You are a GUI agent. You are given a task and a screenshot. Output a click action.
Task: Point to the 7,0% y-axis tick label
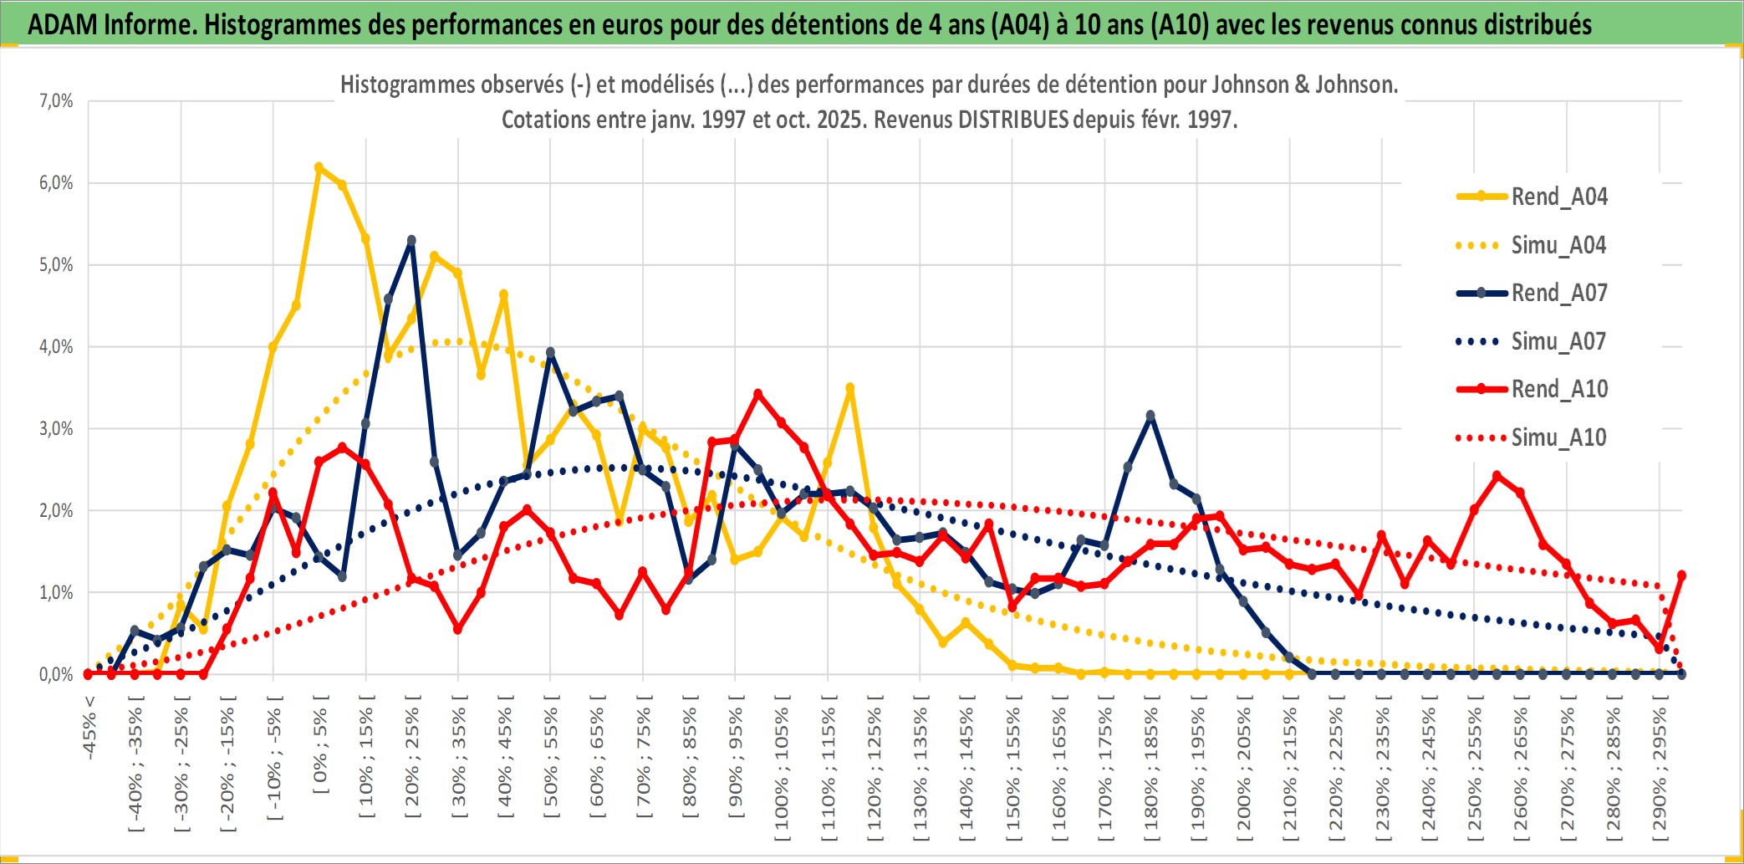tap(56, 101)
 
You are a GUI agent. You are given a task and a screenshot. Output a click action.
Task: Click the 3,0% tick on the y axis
tap(56, 429)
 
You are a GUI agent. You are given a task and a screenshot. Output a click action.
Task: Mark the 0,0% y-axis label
tap(56, 674)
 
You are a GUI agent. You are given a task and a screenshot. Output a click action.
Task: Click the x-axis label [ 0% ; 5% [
tap(321, 749)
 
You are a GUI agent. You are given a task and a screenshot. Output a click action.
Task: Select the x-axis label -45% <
tap(89, 727)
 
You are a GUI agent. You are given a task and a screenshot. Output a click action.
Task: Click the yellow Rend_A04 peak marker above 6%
tap(319, 167)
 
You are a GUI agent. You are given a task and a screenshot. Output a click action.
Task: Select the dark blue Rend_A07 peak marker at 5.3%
tap(411, 241)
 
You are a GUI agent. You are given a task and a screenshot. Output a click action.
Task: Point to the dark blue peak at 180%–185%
tap(1150, 416)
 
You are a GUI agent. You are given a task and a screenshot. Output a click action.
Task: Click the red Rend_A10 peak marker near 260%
tap(1497, 476)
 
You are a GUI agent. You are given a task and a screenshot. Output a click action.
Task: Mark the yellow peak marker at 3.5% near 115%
tap(850, 388)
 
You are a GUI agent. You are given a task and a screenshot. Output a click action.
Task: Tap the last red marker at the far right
tap(1681, 575)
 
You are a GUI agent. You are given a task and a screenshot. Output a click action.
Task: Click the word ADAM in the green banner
tap(62, 25)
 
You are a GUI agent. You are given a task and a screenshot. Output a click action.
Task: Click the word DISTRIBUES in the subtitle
tap(1012, 120)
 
